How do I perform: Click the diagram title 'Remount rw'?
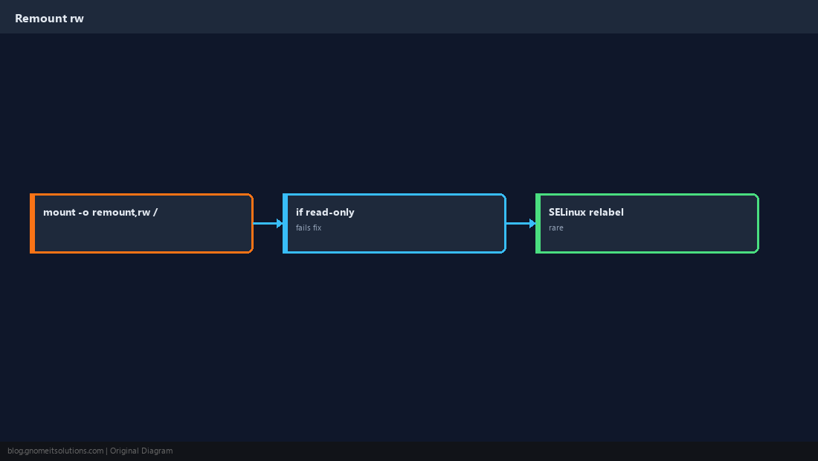tap(49, 19)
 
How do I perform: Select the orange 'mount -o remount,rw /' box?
tap(141, 223)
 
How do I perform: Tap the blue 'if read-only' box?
tap(394, 223)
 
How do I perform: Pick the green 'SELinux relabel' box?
tap(647, 223)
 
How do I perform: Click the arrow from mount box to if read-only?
tap(268, 223)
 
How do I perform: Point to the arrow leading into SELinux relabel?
tap(521, 223)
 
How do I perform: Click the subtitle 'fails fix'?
tap(309, 228)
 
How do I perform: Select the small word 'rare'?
tap(556, 228)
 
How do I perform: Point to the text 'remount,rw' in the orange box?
tap(121, 213)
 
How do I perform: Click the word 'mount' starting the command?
tap(59, 212)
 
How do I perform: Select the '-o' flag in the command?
tap(83, 213)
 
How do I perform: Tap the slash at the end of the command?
tap(155, 212)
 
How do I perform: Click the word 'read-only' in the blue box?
tap(329, 212)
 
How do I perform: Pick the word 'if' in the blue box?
tap(299, 212)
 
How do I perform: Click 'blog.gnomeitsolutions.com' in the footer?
tap(55, 451)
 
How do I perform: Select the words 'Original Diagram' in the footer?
tap(141, 451)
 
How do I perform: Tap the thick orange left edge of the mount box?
tap(32, 223)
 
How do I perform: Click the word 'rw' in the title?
tap(77, 19)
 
